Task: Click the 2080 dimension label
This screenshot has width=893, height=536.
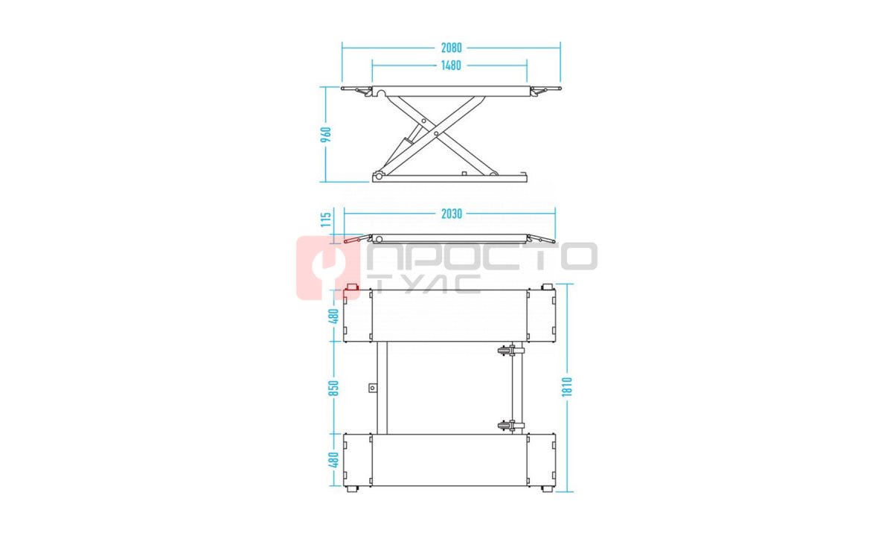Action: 451,48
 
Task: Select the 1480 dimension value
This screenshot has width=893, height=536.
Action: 451,65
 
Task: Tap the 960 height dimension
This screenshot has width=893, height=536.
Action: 326,135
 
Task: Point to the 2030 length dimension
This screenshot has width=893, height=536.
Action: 451,214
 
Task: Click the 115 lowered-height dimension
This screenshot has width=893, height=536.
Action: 326,220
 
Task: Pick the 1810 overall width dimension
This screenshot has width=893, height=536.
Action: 566,387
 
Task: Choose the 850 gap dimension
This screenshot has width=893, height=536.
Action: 333,388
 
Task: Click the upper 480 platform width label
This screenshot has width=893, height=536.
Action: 333,316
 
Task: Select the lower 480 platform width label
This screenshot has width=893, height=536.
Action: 333,460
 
